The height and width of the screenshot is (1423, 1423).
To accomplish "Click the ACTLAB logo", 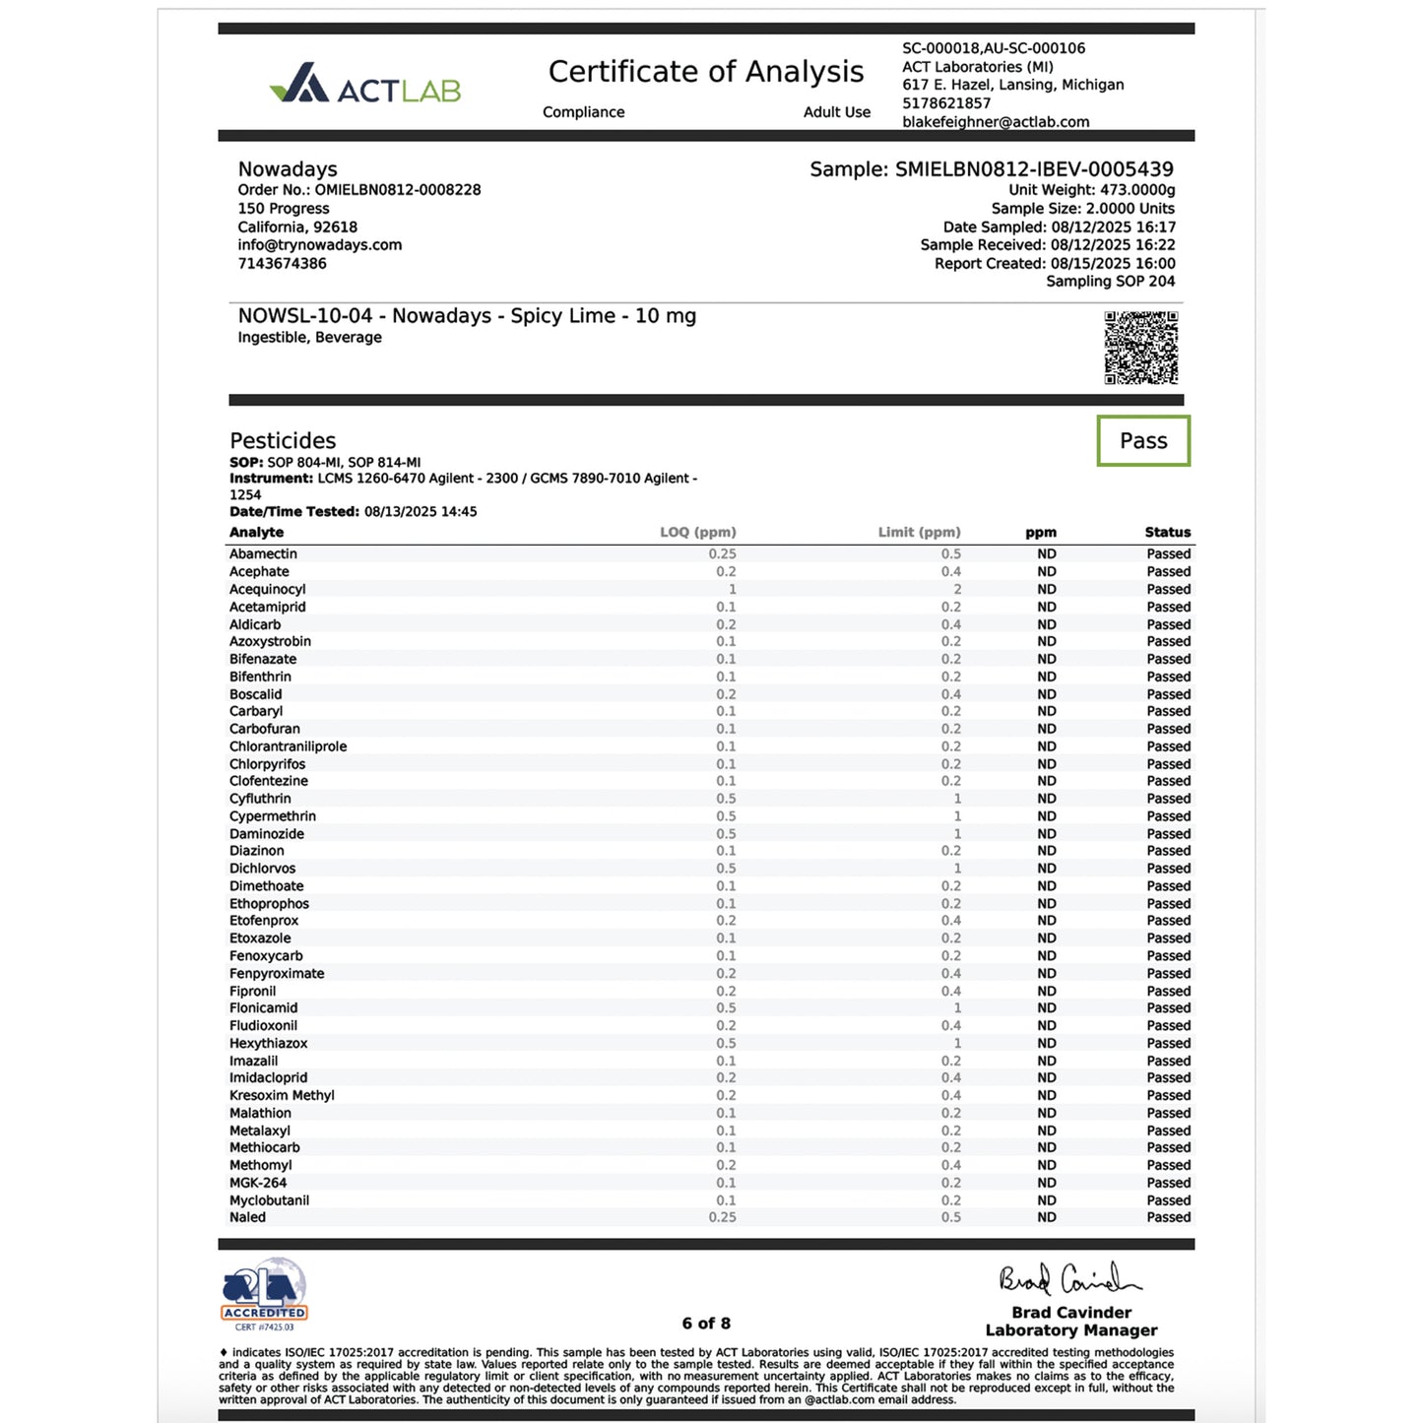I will [365, 85].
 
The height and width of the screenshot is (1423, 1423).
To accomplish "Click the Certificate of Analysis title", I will [705, 72].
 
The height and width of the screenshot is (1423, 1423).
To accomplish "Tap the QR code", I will [1140, 348].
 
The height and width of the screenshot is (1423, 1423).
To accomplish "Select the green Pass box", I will [1143, 441].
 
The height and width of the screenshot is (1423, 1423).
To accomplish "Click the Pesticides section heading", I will [283, 441].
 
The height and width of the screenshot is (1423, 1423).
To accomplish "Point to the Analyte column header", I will [256, 533].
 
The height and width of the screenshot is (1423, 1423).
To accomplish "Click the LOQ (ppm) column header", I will [697, 533].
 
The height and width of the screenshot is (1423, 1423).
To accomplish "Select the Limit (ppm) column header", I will [919, 533].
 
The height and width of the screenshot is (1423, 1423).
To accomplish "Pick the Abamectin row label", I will [263, 554].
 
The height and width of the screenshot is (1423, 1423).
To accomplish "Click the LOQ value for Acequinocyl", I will [732, 590].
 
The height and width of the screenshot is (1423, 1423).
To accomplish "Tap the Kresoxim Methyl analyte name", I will [282, 1096].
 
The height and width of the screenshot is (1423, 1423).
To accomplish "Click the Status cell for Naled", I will [1168, 1218].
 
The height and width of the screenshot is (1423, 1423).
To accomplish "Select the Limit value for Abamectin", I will [950, 554].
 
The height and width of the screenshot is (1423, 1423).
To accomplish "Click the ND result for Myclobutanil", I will [1046, 1200].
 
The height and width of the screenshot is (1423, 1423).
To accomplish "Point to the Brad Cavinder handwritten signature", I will [1069, 1280].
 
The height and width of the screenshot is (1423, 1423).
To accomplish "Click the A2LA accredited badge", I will [264, 1293].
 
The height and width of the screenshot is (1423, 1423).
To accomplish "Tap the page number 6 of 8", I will [706, 1324].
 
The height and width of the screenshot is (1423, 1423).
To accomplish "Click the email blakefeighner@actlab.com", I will [996, 122].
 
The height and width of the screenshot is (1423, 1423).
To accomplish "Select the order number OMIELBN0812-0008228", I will [398, 190].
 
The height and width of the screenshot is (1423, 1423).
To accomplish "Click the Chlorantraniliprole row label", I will [288, 746].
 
